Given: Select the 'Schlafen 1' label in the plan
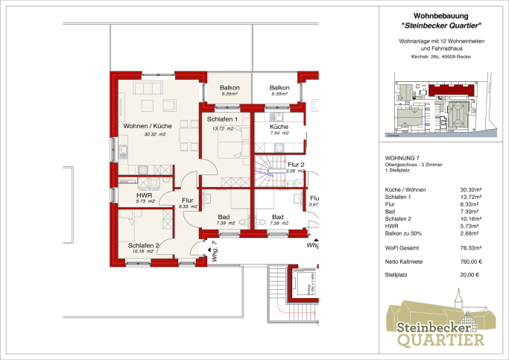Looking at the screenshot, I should [x=222, y=120].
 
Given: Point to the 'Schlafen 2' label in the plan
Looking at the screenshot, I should [x=143, y=245].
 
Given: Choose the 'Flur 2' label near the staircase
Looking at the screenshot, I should [x=296, y=164].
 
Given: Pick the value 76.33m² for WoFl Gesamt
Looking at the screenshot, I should [x=470, y=247].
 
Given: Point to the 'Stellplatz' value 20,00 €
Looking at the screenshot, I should [x=472, y=274].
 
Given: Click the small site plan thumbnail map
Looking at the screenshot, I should [x=440, y=104].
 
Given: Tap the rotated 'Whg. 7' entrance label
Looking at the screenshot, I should [x=212, y=246].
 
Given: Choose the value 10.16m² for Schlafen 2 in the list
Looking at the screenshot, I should [x=470, y=218].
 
